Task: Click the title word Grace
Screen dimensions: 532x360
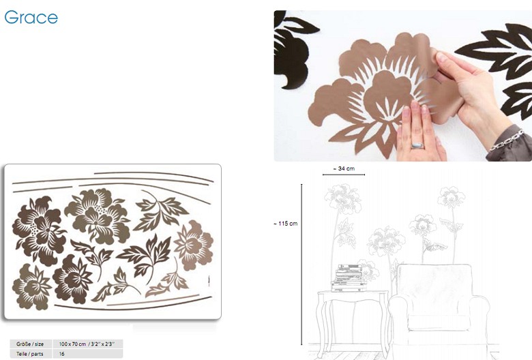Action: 31,17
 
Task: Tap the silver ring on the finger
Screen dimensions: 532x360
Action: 417,145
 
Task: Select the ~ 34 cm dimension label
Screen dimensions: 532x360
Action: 344,168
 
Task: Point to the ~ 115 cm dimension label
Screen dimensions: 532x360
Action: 285,224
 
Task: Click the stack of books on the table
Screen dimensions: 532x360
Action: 349,278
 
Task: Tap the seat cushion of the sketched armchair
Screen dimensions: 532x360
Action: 439,322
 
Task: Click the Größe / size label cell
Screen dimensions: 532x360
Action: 30,344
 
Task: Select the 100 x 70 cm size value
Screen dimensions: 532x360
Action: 87,344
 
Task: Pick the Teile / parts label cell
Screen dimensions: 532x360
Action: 30,354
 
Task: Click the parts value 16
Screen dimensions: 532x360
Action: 62,354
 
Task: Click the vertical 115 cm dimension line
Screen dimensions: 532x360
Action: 301,265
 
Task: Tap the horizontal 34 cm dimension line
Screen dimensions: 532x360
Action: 344,175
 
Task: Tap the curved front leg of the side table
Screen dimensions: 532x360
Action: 321,322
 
